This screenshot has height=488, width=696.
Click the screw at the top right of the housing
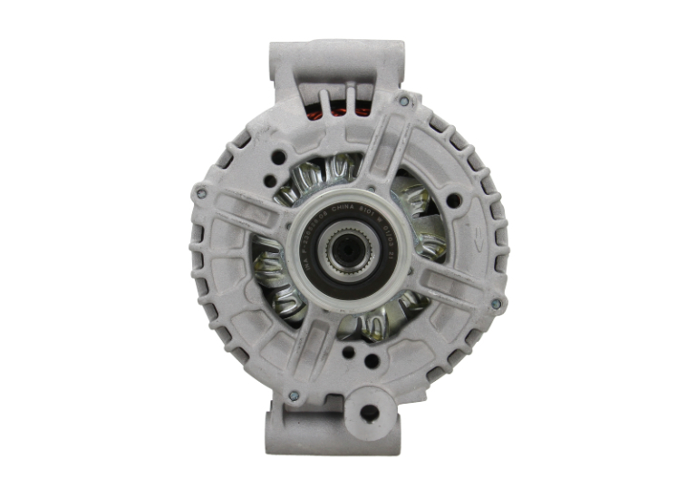[x=403, y=102]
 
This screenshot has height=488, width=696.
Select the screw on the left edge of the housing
[x=199, y=191]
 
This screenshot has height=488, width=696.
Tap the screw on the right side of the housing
[x=496, y=306]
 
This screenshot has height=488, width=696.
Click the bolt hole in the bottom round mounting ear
[x=370, y=413]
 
